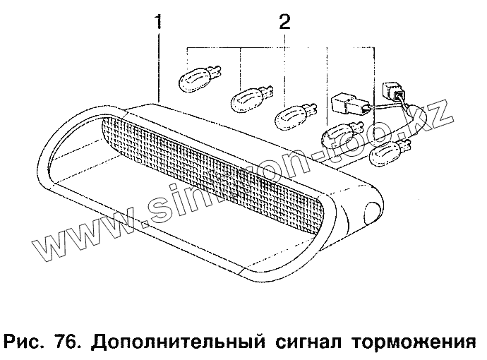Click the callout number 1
[x=159, y=22]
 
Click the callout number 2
[x=284, y=22]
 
